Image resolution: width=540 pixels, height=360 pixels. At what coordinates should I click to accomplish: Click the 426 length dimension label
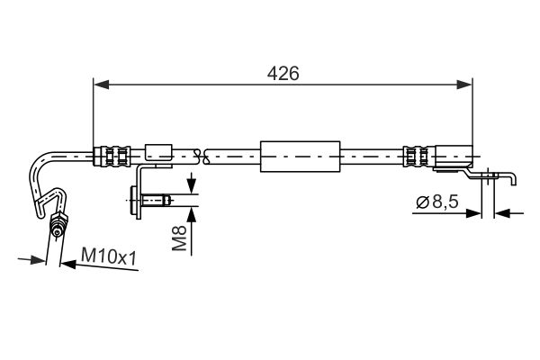pyautogui.click(x=283, y=74)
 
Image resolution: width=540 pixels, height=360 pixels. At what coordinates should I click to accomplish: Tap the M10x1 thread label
pyautogui.click(x=109, y=256)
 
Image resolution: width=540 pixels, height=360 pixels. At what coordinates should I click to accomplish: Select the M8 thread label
pyautogui.click(x=179, y=238)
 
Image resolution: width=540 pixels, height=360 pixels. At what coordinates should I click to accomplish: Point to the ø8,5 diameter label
pyautogui.click(x=437, y=202)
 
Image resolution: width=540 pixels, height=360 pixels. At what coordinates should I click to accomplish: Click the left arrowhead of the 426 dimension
pyautogui.click(x=101, y=85)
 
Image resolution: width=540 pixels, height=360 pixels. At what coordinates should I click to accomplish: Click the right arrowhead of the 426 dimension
pyautogui.click(x=465, y=85)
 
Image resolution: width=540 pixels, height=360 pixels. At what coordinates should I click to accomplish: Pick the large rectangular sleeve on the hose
pyautogui.click(x=301, y=157)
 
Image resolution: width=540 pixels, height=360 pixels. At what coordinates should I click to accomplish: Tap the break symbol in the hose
pyautogui.click(x=202, y=157)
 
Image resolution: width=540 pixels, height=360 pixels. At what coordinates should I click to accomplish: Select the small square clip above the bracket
pyautogui.click(x=158, y=152)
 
